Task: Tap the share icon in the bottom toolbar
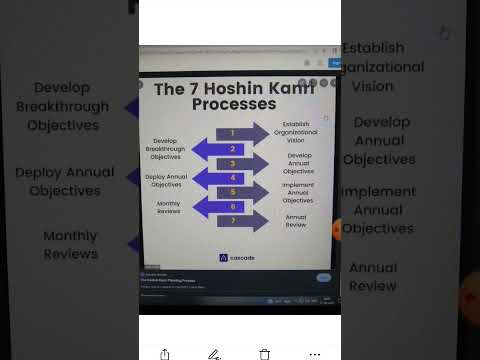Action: tap(164, 353)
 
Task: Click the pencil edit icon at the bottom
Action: tap(213, 353)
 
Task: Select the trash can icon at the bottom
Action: tap(265, 353)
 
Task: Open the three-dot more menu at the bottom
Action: tap(315, 353)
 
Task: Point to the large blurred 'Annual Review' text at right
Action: tap(372, 276)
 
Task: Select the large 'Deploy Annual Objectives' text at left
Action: tap(65, 181)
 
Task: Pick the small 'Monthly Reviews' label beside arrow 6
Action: tap(168, 207)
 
